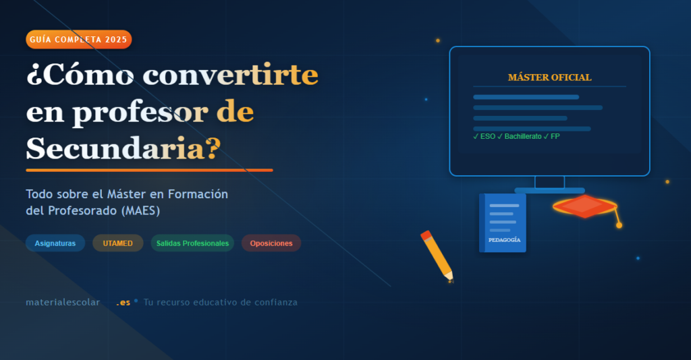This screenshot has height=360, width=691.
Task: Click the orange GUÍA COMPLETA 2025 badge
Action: [78, 40]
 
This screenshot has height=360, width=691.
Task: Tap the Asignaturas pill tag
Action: [55, 243]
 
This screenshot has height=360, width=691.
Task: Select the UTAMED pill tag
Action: [117, 243]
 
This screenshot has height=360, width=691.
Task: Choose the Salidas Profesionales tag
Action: [192, 243]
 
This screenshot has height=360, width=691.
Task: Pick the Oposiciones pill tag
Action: [271, 243]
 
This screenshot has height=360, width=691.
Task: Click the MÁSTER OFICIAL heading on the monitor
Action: [549, 78]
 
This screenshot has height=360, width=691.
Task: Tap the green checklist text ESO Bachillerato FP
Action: [516, 136]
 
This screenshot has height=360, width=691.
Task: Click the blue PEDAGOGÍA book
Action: [503, 222]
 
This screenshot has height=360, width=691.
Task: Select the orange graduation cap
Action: [585, 206]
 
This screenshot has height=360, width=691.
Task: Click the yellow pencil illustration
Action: [437, 255]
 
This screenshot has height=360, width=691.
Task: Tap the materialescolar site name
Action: [63, 302]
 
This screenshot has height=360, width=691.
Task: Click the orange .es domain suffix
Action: [123, 302]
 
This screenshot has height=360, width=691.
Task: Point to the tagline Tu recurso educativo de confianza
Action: [221, 302]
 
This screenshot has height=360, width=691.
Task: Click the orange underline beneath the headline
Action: [149, 170]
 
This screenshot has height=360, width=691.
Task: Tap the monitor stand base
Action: [549, 191]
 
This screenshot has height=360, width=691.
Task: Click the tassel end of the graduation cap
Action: [619, 224]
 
